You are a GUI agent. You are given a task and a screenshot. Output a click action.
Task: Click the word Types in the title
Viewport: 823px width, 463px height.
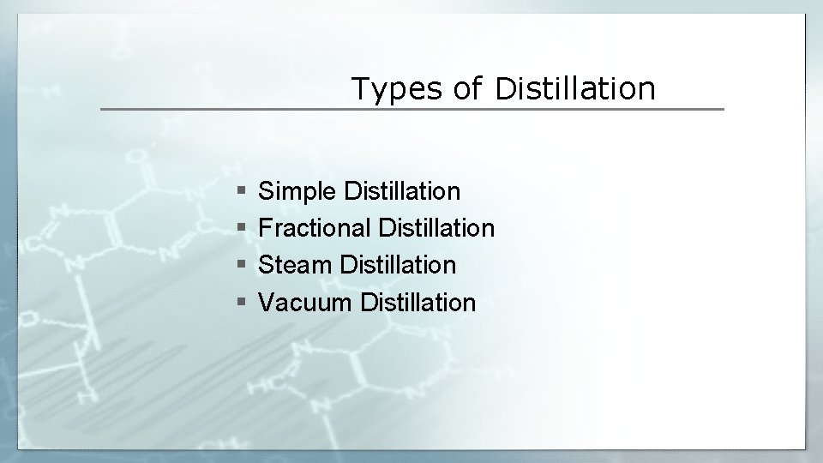click(398, 88)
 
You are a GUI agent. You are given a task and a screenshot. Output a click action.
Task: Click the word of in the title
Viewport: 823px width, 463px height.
click(467, 88)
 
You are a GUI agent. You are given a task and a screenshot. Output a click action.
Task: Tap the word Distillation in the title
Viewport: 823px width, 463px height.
click(575, 88)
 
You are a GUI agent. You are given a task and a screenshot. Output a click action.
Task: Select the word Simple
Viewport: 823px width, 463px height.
click(297, 191)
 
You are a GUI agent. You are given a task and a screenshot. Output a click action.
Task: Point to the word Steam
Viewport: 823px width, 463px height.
click(296, 265)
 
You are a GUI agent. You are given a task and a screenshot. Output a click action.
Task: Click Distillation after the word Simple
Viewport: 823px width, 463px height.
click(401, 190)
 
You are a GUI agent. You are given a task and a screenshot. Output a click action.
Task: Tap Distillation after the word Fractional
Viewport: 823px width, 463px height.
click(436, 228)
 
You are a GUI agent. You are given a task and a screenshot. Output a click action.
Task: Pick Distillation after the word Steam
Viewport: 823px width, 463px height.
click(398, 265)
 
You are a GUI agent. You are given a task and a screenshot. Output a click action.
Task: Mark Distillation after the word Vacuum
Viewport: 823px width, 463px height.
click(418, 302)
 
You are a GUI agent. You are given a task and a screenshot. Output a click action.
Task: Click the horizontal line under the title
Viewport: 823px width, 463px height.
click(411, 110)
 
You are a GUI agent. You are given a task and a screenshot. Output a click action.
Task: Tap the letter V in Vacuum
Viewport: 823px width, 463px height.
click(266, 302)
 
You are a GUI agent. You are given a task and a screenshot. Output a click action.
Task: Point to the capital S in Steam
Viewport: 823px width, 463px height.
click(266, 265)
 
